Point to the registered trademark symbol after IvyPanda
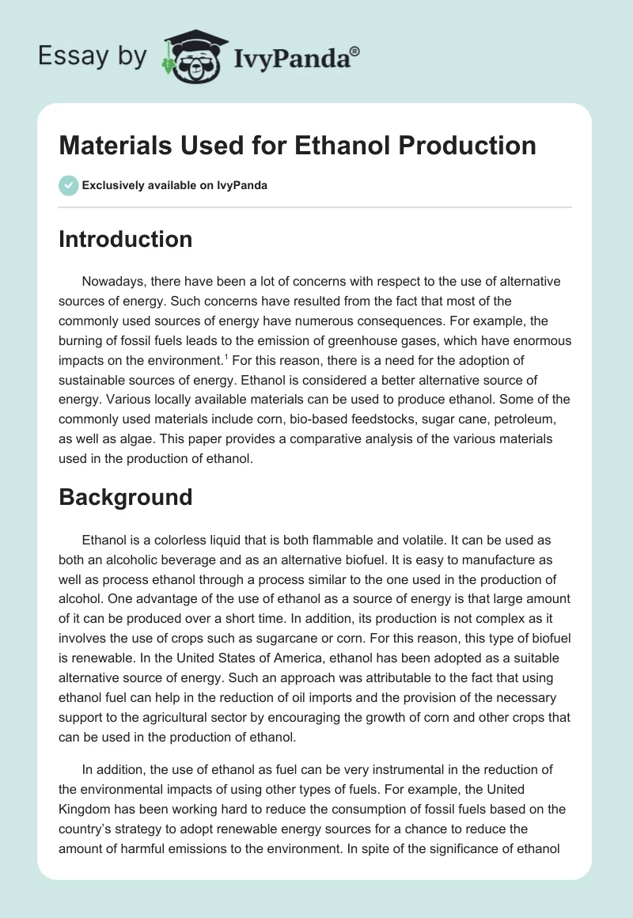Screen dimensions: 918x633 tap(355, 50)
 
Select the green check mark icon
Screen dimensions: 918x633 tap(68, 185)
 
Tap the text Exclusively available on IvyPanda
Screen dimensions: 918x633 tap(175, 186)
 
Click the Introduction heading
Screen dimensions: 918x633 tap(125, 239)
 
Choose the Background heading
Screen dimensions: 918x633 tap(125, 497)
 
